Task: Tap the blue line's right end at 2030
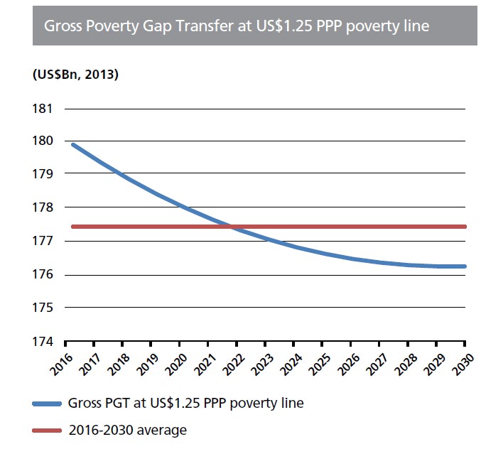pyautogui.click(x=464, y=266)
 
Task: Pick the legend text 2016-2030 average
pyautogui.click(x=127, y=430)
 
